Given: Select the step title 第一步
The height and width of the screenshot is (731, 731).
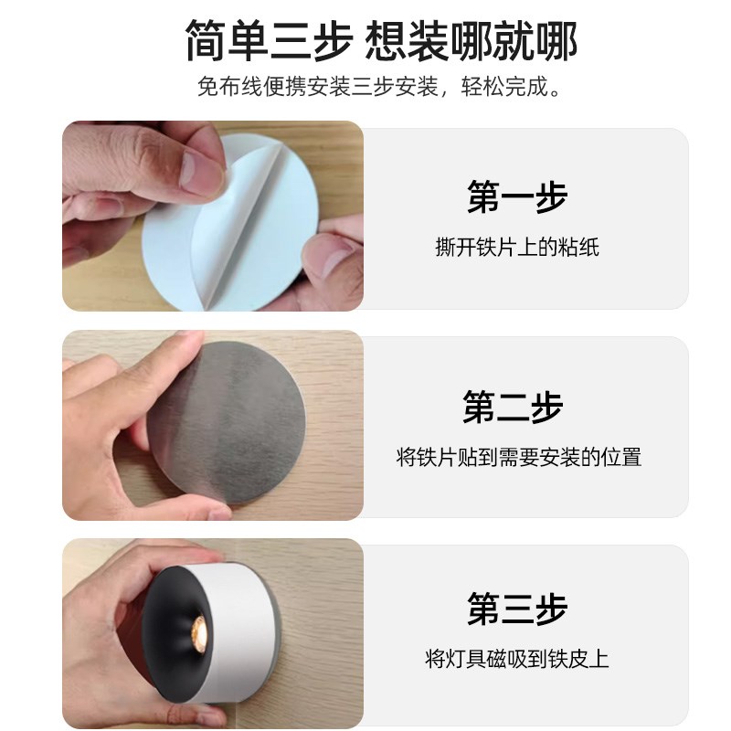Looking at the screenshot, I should [516, 197].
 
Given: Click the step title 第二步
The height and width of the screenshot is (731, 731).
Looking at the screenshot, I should [512, 407].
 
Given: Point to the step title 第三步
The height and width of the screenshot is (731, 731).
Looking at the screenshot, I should [516, 609].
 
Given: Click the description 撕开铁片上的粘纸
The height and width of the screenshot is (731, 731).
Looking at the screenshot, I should [516, 247].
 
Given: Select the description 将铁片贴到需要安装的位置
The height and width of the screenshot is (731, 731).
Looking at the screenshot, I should [518, 457].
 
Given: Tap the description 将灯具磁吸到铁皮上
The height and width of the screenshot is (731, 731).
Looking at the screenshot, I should [516, 658].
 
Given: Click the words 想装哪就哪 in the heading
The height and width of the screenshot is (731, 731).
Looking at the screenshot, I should [471, 41].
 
